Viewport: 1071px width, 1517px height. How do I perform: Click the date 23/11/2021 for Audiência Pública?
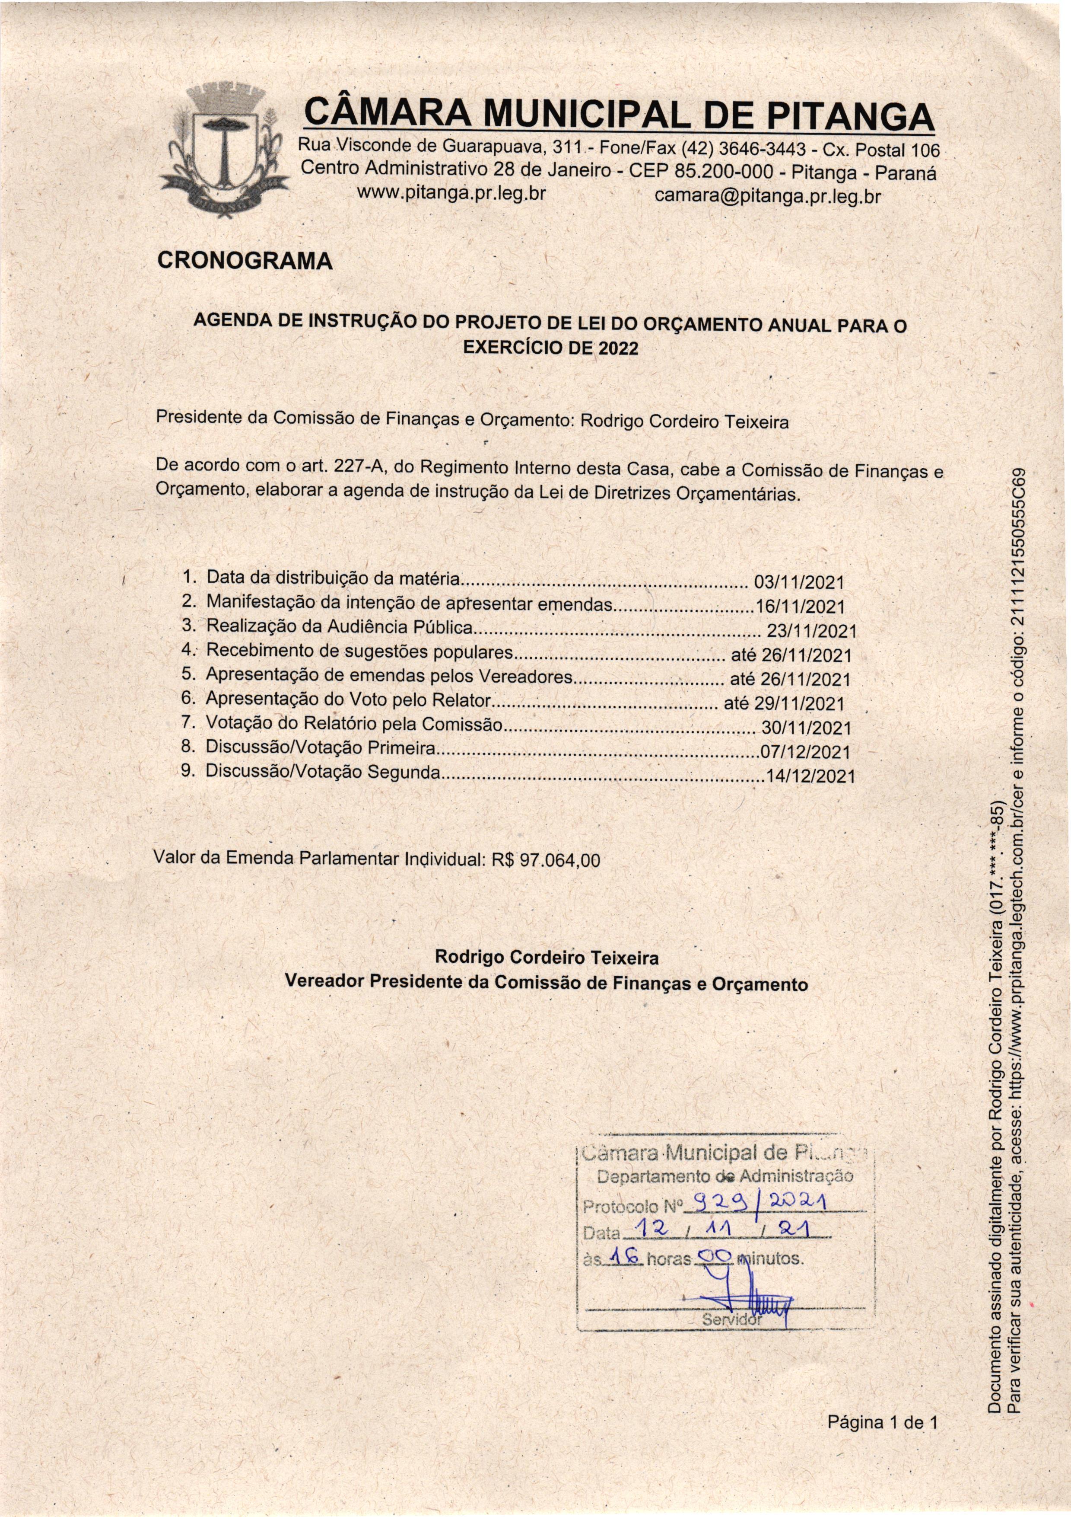click(x=811, y=630)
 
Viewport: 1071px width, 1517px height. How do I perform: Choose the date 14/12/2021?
click(x=810, y=776)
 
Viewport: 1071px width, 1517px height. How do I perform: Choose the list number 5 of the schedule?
click(x=187, y=674)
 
